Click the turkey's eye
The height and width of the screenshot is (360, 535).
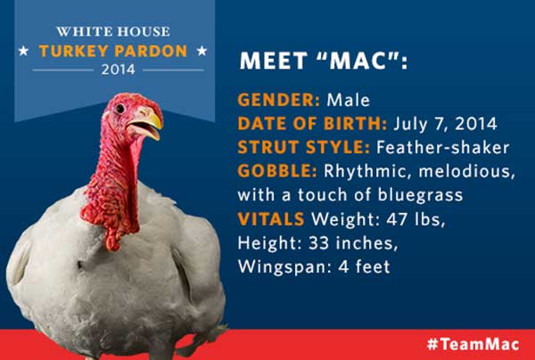[x=119, y=109]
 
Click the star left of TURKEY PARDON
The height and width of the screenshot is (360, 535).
[x=23, y=51]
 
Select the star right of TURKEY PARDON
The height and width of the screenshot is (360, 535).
[x=202, y=51]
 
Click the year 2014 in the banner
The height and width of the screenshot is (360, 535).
[x=119, y=70]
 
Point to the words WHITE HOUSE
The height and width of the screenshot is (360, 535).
[x=113, y=32]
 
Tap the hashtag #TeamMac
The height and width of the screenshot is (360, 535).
[x=473, y=344]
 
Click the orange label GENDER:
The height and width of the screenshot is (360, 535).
[x=279, y=100]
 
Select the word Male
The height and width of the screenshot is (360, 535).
[x=348, y=100]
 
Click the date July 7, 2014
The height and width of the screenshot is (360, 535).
[x=445, y=124]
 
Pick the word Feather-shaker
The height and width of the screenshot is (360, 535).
[x=443, y=148]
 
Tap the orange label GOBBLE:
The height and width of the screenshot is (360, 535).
[x=277, y=171]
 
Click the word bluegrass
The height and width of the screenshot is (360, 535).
[x=420, y=195]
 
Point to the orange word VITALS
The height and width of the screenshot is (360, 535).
[x=271, y=219]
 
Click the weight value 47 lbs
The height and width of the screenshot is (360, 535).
[x=416, y=219]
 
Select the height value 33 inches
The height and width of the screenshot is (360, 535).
[x=353, y=243]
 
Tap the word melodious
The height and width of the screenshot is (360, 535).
[x=466, y=171]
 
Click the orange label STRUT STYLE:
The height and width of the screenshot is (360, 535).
[x=304, y=148]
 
